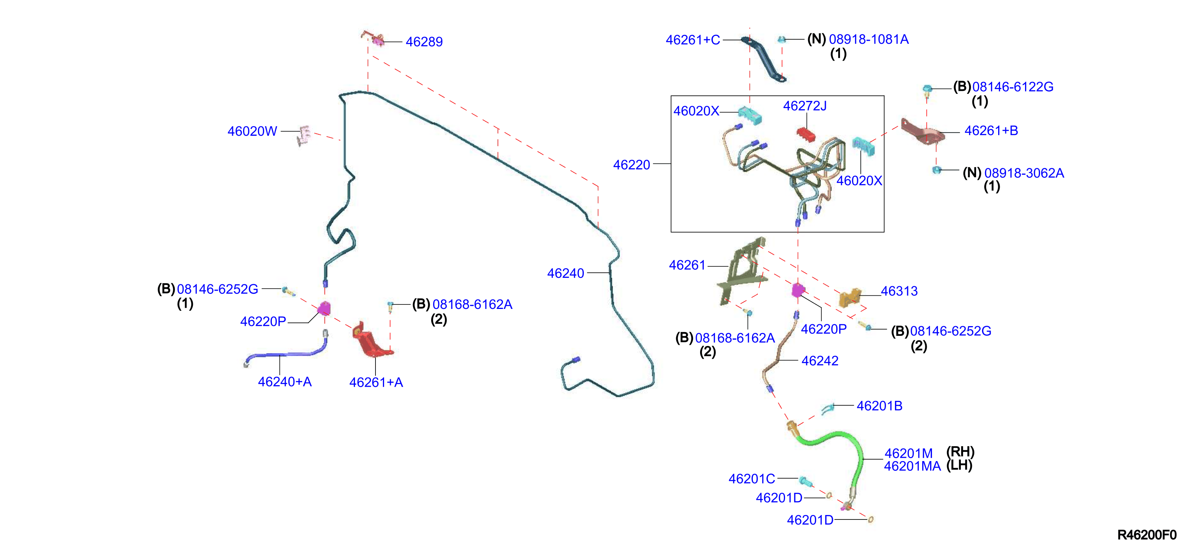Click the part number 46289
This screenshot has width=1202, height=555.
[x=424, y=42]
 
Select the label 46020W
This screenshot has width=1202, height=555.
[x=252, y=132]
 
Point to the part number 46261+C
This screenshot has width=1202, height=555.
[x=693, y=40]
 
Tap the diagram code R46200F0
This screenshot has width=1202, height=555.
[x=1147, y=535]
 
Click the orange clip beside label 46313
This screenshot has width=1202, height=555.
[x=850, y=297]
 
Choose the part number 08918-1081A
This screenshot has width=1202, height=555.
[x=868, y=40]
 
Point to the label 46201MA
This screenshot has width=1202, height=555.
[x=912, y=466]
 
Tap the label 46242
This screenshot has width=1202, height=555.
[x=820, y=361]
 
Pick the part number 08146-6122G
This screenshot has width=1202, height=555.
[x=1012, y=87]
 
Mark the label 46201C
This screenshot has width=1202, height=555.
[x=752, y=479]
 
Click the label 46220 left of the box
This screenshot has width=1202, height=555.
[x=631, y=165]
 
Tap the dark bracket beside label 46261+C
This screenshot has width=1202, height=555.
[x=763, y=58]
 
